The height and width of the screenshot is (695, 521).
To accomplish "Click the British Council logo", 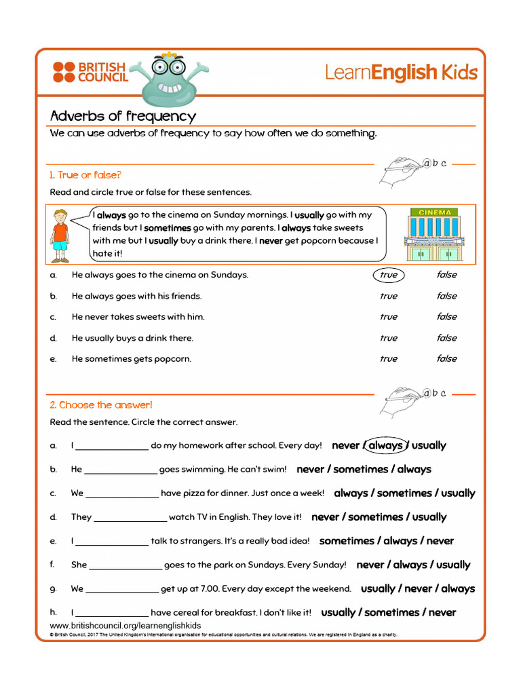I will coord(90,72).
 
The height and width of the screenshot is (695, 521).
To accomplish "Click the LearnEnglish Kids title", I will coord(401,73).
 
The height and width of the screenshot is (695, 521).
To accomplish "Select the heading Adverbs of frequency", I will coord(123,116).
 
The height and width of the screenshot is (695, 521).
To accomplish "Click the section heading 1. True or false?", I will coord(85,175).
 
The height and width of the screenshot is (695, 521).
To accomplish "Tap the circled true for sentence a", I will coord(388,275).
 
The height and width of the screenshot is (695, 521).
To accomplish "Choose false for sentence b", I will coord(446,296).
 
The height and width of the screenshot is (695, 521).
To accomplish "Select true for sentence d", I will coord(388,338).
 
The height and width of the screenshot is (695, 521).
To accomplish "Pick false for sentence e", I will coord(446,358).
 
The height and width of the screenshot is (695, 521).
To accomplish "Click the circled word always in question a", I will coord(385,446).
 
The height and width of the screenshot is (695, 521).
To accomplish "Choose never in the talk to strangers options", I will coord(440,541).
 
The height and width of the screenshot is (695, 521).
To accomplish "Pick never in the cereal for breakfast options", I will coord(442,612).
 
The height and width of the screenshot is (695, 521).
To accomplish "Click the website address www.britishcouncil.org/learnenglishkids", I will coord(126,625).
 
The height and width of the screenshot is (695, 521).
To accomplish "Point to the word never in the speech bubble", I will coord(271,240).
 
